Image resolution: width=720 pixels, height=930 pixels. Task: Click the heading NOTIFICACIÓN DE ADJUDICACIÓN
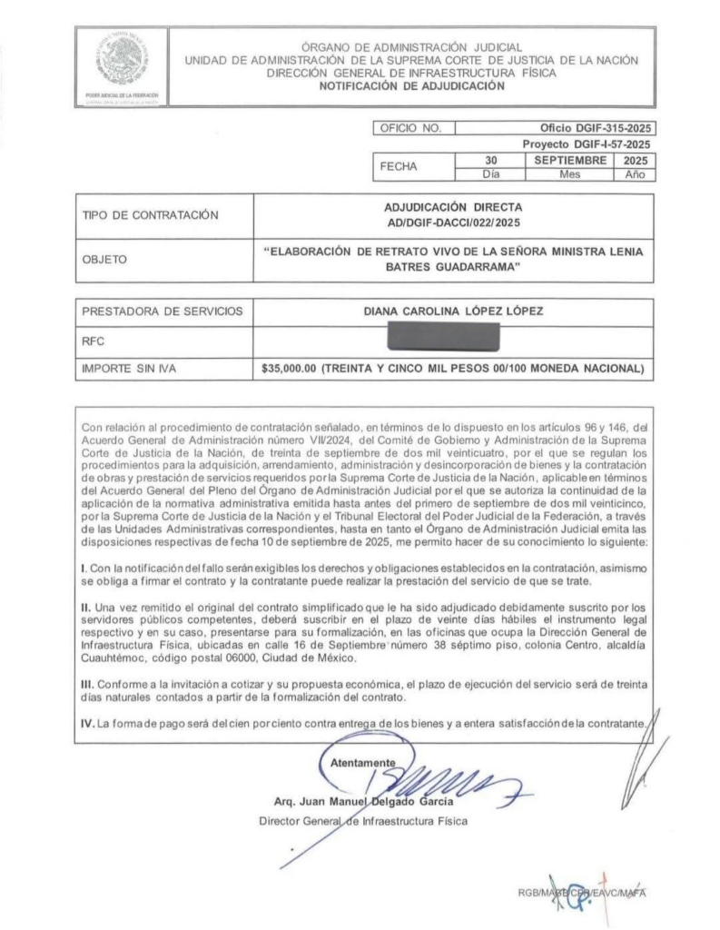pyautogui.click(x=411, y=86)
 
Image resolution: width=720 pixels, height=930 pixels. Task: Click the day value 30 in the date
pyautogui.click(x=490, y=159)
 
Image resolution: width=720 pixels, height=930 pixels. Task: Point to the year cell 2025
pyautogui.click(x=634, y=159)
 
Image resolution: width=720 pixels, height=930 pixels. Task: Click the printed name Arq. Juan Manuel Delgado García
pyautogui.click(x=363, y=801)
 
